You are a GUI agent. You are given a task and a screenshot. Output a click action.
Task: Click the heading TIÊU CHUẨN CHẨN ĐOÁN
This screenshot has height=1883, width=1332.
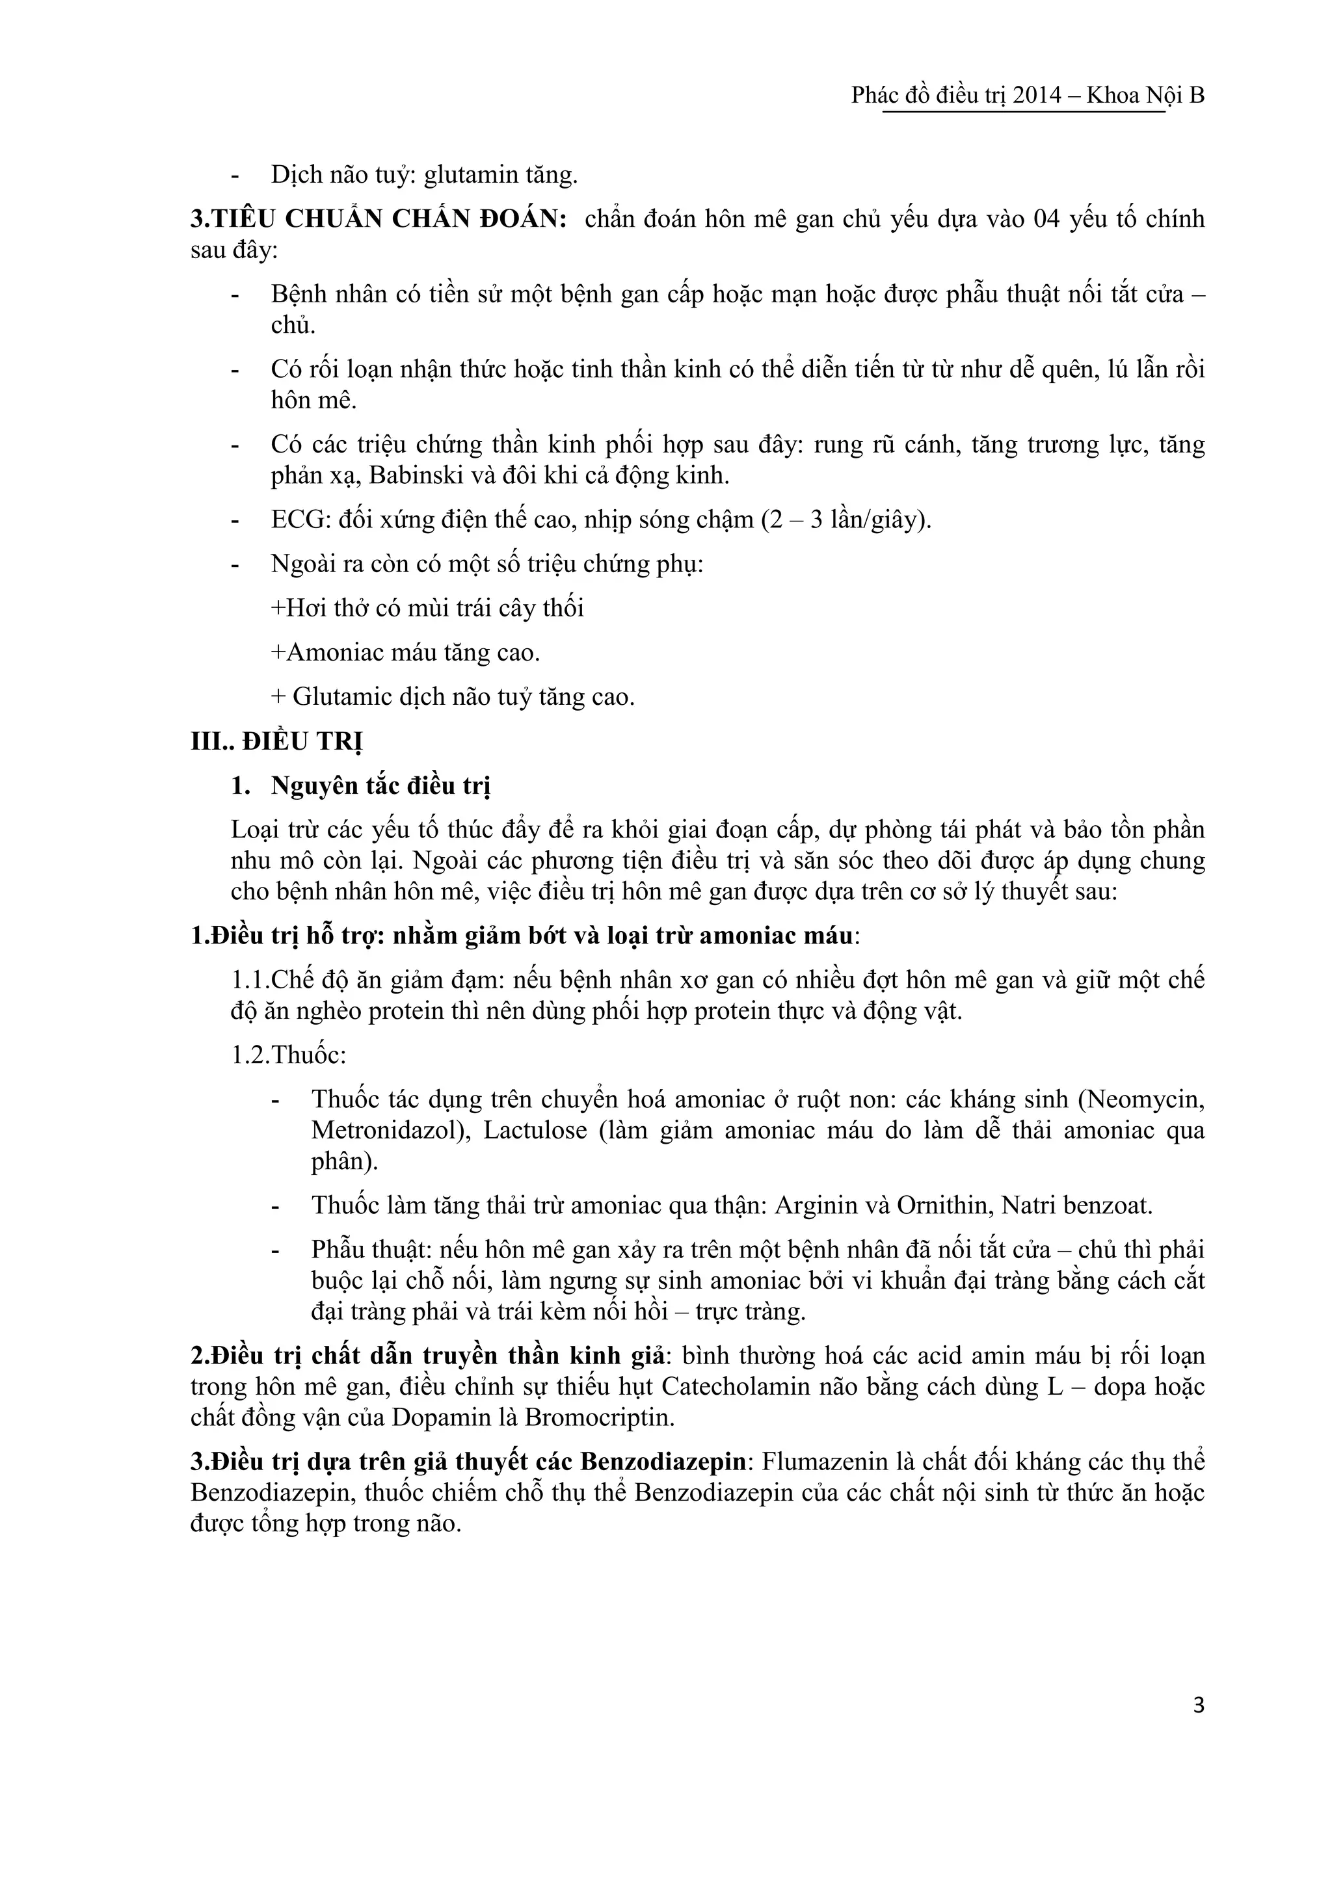point(378,219)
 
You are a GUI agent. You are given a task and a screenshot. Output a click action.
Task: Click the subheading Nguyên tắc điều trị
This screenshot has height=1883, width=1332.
point(380,785)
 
